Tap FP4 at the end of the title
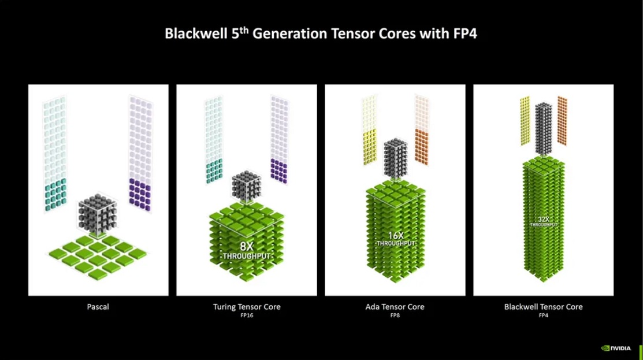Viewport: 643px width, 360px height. [465, 33]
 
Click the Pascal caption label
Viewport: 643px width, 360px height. [98, 307]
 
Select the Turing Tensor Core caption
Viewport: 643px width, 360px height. [247, 307]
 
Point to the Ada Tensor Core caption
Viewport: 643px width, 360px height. [395, 307]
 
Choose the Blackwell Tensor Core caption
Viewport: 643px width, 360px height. [544, 307]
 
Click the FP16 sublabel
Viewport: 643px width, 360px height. [247, 316]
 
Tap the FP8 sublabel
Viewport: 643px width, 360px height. [395, 316]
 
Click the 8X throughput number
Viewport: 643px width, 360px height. [247, 246]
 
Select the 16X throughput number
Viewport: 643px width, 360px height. [396, 236]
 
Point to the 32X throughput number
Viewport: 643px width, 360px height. [544, 220]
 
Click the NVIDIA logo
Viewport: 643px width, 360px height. [616, 348]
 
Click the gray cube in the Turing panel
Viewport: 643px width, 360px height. [247, 187]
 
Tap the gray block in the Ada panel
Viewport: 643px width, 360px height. [395, 159]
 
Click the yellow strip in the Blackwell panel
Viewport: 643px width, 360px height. [525, 121]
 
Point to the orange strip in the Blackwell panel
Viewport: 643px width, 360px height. [562, 121]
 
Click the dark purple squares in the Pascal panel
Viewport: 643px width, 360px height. [140, 195]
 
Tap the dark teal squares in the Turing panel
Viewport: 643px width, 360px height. [214, 170]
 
